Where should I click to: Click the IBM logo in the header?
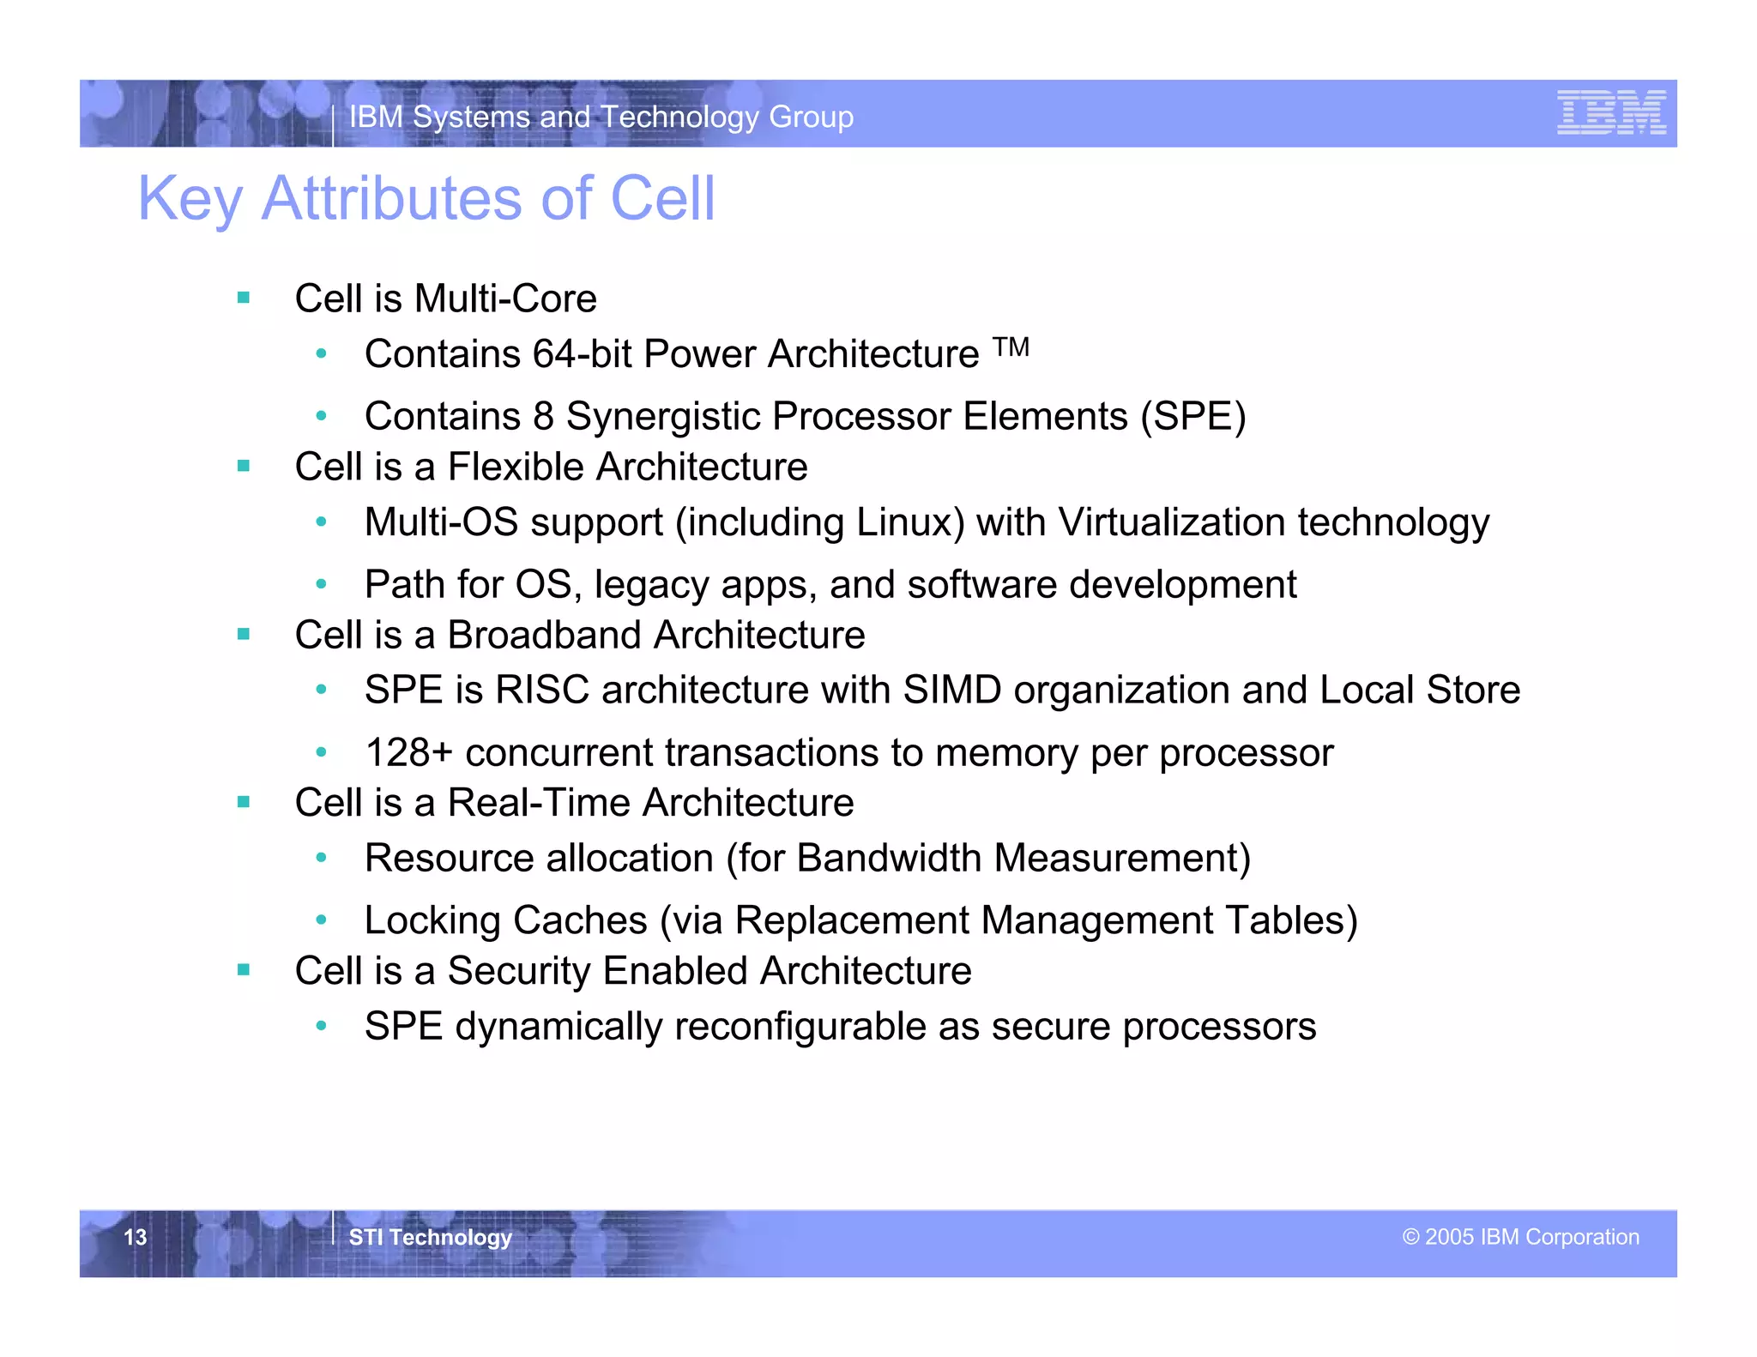click(x=1611, y=112)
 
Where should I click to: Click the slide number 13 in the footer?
click(x=136, y=1237)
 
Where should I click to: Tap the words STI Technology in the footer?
click(x=430, y=1237)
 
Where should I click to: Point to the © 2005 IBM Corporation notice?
click(x=1520, y=1237)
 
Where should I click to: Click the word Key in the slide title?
click(x=190, y=200)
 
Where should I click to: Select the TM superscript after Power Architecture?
click(x=1011, y=347)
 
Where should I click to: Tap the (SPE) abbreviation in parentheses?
click(x=1192, y=417)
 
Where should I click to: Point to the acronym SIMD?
click(x=951, y=691)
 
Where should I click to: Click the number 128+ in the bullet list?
click(x=408, y=753)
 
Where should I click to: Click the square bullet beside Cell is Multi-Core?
click(x=244, y=299)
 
